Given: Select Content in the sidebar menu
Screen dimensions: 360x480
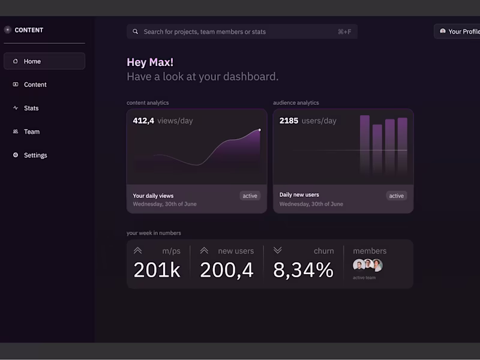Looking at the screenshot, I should coord(35,85).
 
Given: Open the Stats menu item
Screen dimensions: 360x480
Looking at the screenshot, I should coord(31,108).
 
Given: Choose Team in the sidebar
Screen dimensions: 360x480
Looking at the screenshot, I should coord(31,131).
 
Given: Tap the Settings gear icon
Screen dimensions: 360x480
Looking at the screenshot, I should coord(16,155).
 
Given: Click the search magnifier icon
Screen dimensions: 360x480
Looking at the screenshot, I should coord(136,32).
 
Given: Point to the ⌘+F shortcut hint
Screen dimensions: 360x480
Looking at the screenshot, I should coord(344,32).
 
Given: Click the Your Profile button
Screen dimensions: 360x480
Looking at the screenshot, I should coord(459,31).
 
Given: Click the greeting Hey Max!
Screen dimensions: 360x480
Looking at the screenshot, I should coord(150,62).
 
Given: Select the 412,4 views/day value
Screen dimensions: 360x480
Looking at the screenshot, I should coord(163,121).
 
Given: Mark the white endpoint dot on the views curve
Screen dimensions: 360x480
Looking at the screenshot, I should coord(259,130).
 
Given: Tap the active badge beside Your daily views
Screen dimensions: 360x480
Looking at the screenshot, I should coord(250,196).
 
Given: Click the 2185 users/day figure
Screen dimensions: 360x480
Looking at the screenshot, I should coord(308,121).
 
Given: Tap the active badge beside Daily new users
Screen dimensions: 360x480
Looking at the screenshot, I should coord(396,196).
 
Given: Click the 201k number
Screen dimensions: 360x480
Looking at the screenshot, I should coord(157,270).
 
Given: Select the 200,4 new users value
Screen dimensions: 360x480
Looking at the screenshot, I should coord(227,270).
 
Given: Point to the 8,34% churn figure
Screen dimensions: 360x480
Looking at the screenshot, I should coord(303,270).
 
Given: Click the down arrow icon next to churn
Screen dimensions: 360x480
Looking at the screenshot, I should coord(277,250).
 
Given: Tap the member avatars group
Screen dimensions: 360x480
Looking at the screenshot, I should coord(367,265).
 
